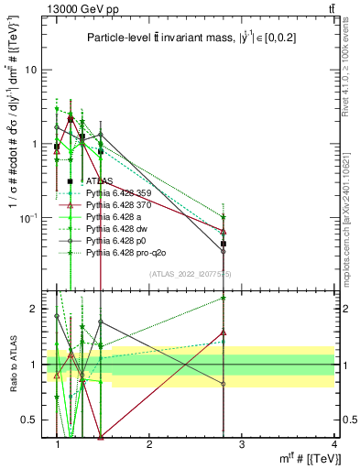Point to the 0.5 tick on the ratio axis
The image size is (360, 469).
pos(32,420)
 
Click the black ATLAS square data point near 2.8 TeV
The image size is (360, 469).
pos(224,245)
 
